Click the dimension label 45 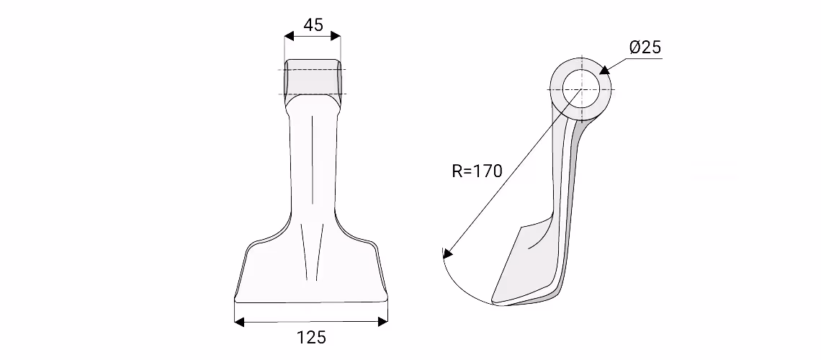click(x=313, y=24)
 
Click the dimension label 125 click(x=312, y=338)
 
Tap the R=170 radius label click(x=477, y=171)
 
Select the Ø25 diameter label click(x=645, y=48)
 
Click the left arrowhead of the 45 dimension click(x=290, y=36)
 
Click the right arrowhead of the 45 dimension click(x=335, y=36)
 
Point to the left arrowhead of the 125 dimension click(x=239, y=322)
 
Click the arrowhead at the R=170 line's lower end click(x=447, y=253)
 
